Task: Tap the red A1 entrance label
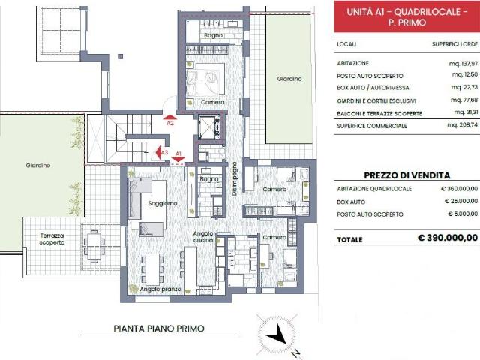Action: click(x=178, y=154)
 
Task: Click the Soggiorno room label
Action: click(x=162, y=203)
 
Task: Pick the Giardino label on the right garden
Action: click(x=289, y=78)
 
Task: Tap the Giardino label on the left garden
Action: click(x=37, y=165)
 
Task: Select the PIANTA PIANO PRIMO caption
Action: click(x=158, y=328)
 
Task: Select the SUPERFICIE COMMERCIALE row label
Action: click(x=372, y=125)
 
